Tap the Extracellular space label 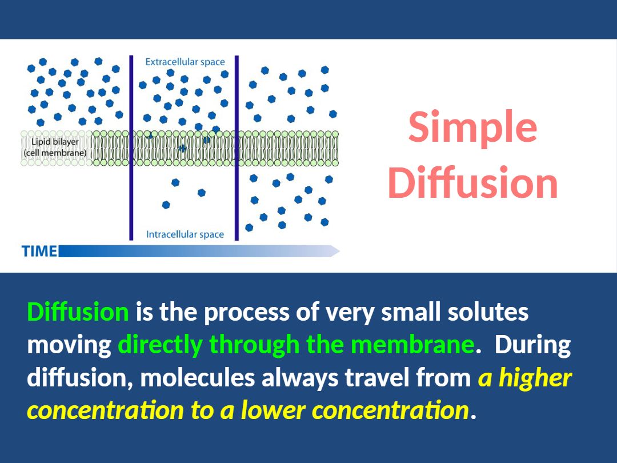[185, 62]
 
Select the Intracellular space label [185, 234]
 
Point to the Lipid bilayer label [55, 142]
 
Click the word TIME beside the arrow [39, 251]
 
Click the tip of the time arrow [339, 251]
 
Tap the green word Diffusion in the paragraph [78, 312]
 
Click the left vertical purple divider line [131, 147]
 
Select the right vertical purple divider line [237, 147]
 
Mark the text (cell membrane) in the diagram [55, 153]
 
